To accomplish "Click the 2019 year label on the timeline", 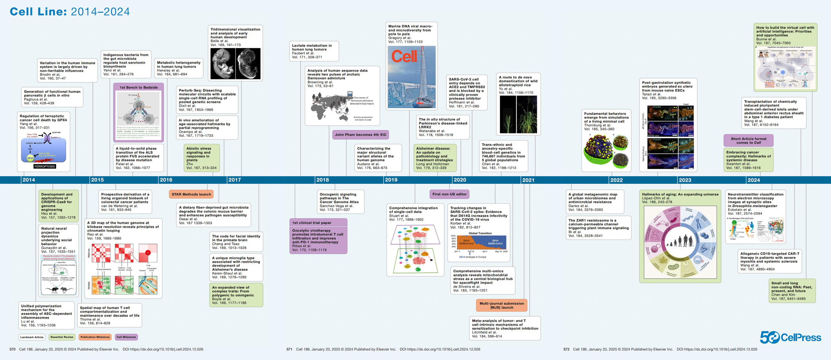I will [x=391, y=180].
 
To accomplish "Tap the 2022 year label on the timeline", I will [x=616, y=180].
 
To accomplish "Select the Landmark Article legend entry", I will [x=32, y=337].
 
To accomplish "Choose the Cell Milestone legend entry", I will [x=126, y=337].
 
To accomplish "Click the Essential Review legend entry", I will [x=62, y=337].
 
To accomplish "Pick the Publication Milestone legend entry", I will [x=95, y=337].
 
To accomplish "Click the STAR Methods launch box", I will [x=191, y=194].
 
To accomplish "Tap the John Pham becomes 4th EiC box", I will [x=360, y=135].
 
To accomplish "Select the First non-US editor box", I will [x=449, y=194].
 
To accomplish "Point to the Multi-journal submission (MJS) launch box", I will [x=502, y=306].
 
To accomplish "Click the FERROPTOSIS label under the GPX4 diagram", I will [x=44, y=166].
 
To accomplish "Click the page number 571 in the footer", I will [x=289, y=349].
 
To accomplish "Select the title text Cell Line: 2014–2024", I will [x=70, y=12].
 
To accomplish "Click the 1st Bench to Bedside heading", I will [x=138, y=87].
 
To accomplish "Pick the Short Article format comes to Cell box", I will [x=748, y=141].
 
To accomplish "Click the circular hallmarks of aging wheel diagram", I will [x=680, y=242].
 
